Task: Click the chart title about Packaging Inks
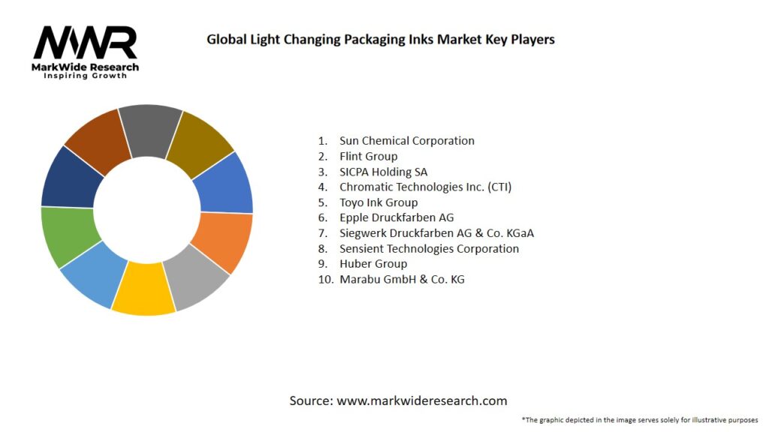381,39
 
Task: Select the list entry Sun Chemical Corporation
406,140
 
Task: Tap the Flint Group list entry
368,156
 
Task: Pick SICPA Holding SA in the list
383,172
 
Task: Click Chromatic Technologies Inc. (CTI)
425,187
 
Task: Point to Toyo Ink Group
378,202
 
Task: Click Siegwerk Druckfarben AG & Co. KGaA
436,233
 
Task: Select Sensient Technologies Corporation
429,248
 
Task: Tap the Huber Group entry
372,264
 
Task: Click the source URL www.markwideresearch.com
421,400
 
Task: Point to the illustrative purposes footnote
639,420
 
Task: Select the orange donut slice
223,241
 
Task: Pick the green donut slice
70,235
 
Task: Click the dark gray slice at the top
149,130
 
